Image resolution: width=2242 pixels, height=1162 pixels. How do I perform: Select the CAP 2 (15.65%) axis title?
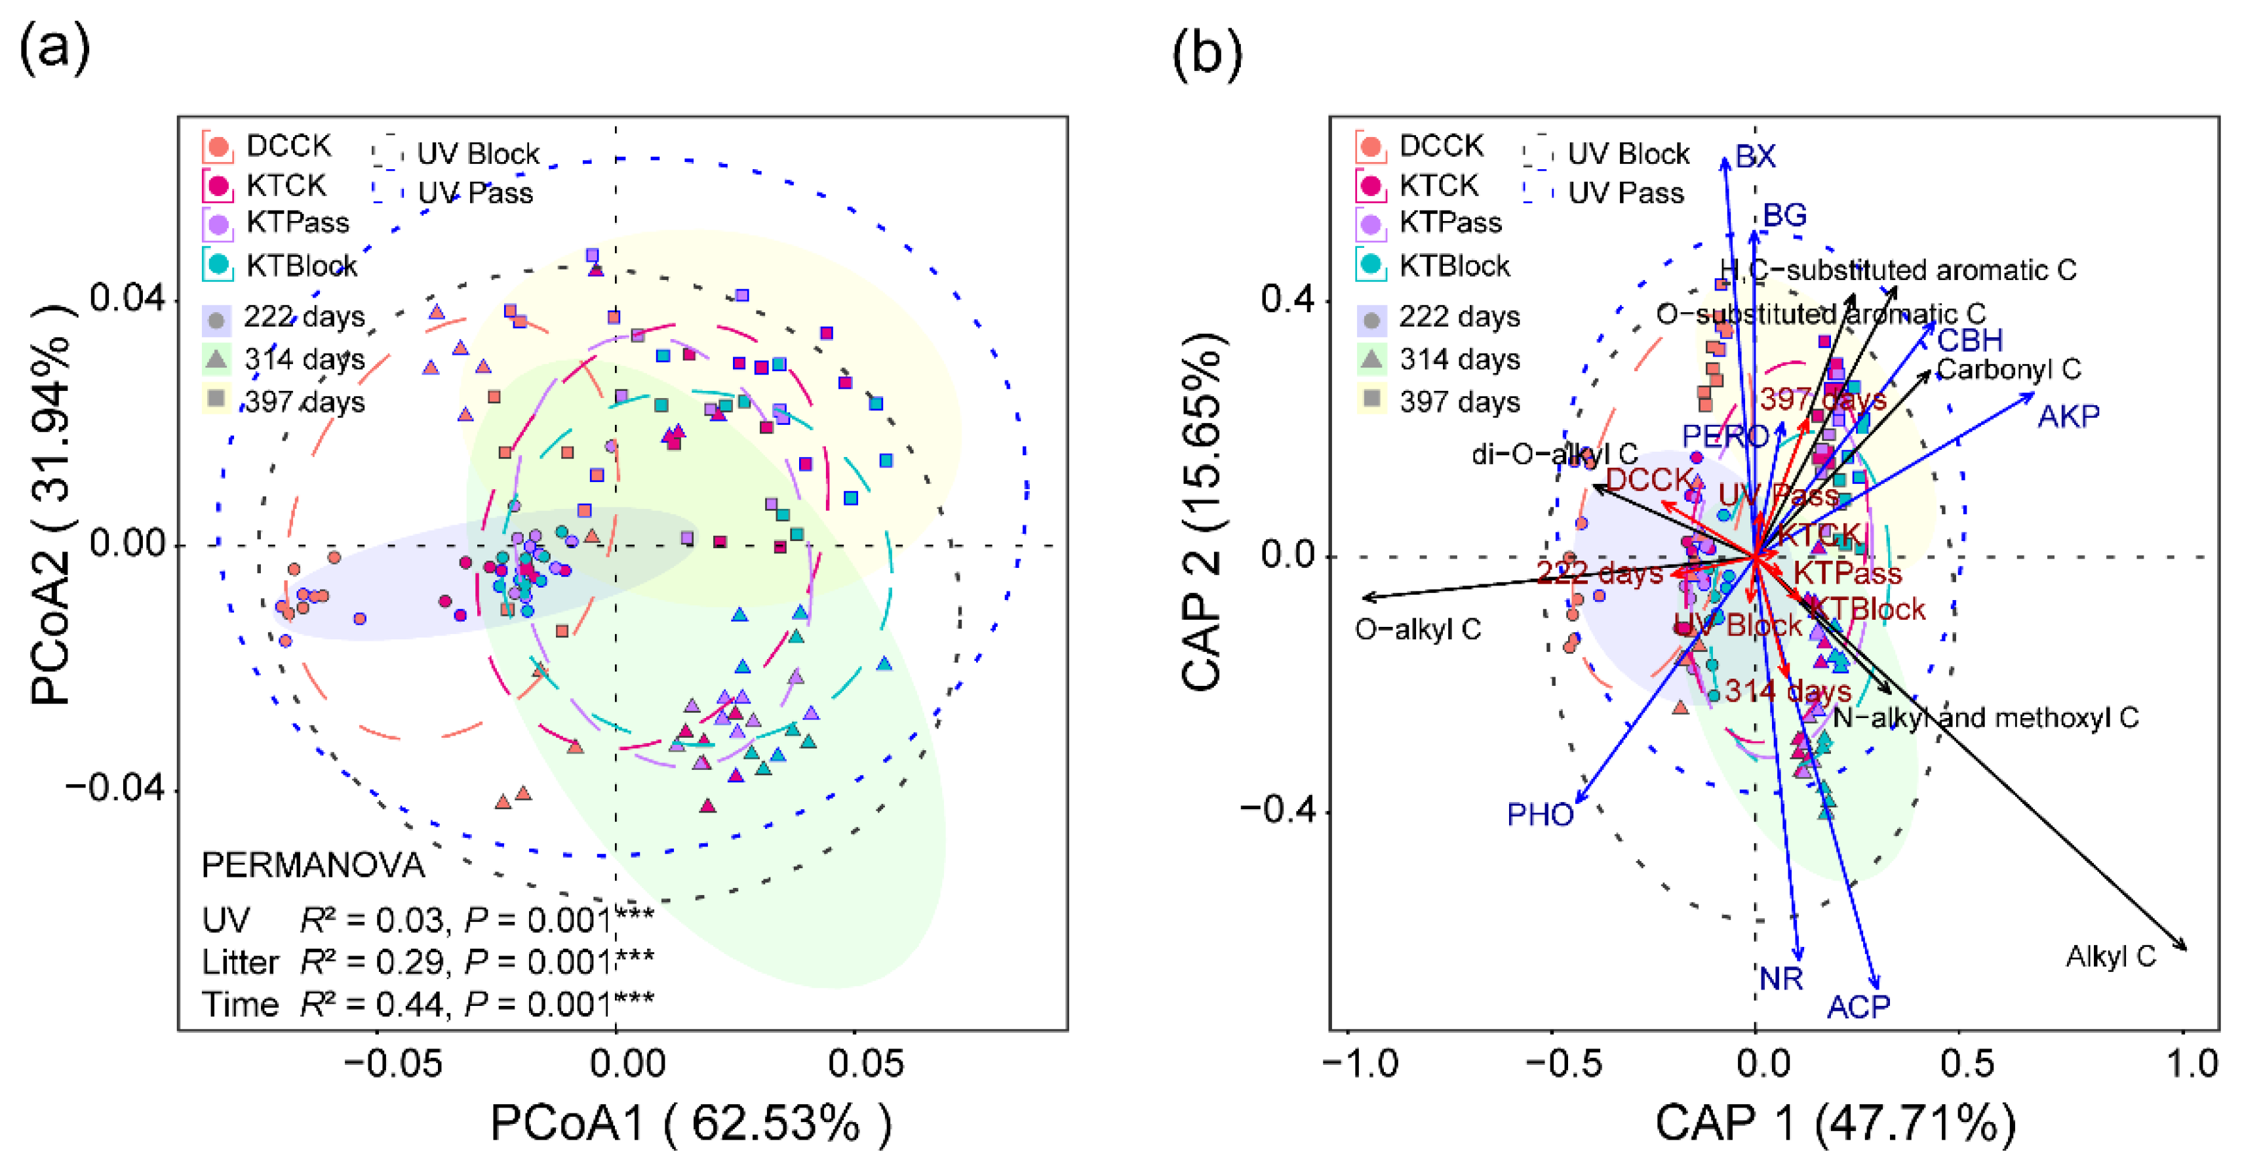[x=1204, y=513]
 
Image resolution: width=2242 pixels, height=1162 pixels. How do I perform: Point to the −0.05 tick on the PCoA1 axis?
[x=393, y=1064]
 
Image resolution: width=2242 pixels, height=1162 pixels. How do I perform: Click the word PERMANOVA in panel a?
[x=313, y=865]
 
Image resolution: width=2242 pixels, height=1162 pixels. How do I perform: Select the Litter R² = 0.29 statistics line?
[x=427, y=962]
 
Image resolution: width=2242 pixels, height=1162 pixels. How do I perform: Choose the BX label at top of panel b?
[x=1755, y=157]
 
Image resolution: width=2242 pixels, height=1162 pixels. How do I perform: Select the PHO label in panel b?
[x=1540, y=814]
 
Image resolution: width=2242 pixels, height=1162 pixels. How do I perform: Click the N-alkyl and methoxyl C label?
[x=1985, y=718]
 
